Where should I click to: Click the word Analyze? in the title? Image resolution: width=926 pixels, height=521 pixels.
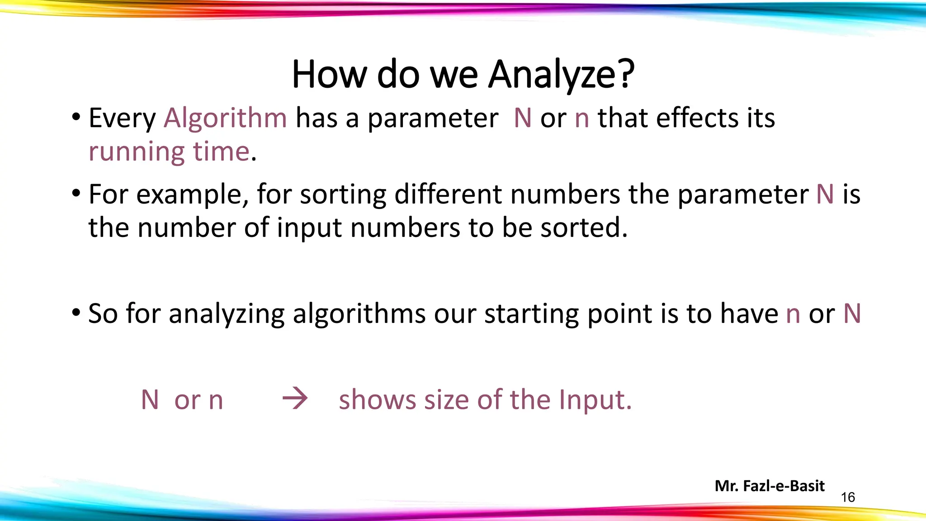coord(562,75)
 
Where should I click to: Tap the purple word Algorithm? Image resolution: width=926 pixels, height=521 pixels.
coord(225,118)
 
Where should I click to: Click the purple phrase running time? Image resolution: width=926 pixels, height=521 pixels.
coord(169,152)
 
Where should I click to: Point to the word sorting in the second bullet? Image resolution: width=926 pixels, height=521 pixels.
coord(343,195)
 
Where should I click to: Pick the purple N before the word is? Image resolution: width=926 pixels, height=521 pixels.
coord(825,195)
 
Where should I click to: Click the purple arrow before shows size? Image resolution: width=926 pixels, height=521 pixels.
coord(295,399)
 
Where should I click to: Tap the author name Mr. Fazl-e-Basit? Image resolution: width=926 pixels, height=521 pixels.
coord(770,486)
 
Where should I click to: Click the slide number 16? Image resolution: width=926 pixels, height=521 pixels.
coord(848,497)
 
